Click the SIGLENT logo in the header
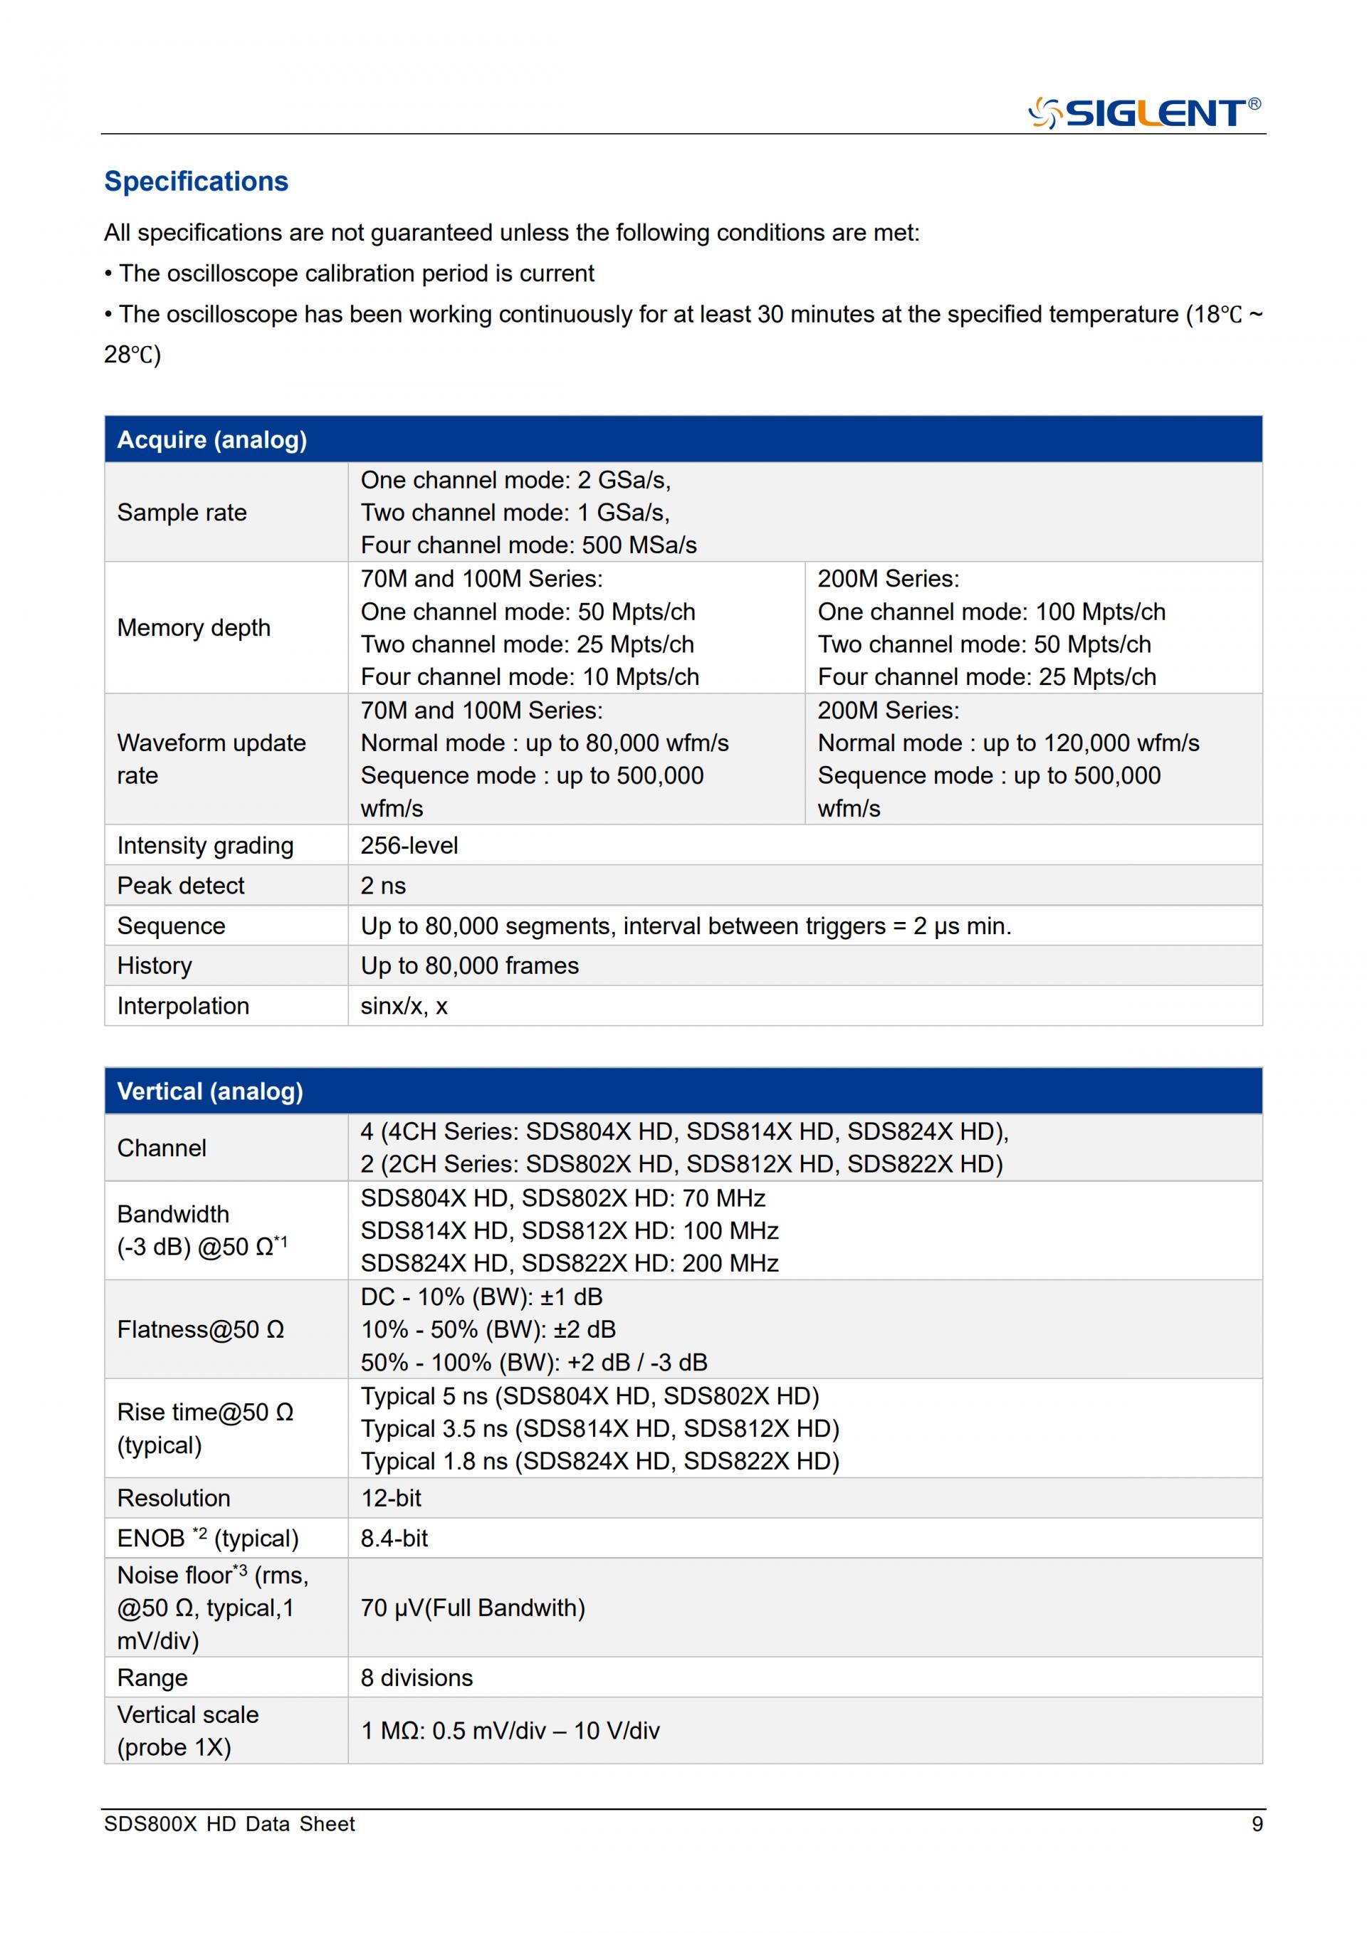(x=1144, y=112)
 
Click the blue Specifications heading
(x=196, y=181)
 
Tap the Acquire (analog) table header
(x=212, y=439)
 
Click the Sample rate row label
(x=182, y=512)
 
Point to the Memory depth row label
(x=194, y=627)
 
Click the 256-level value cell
(x=409, y=845)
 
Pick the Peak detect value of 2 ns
(x=383, y=886)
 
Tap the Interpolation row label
(x=183, y=1006)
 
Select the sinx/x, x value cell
(x=404, y=1006)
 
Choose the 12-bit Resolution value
(x=391, y=1498)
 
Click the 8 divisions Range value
(x=417, y=1678)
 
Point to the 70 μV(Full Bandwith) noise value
(x=472, y=1608)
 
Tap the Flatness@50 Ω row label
(x=200, y=1329)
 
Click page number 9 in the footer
(x=1257, y=1824)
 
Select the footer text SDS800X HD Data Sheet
(x=229, y=1824)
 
